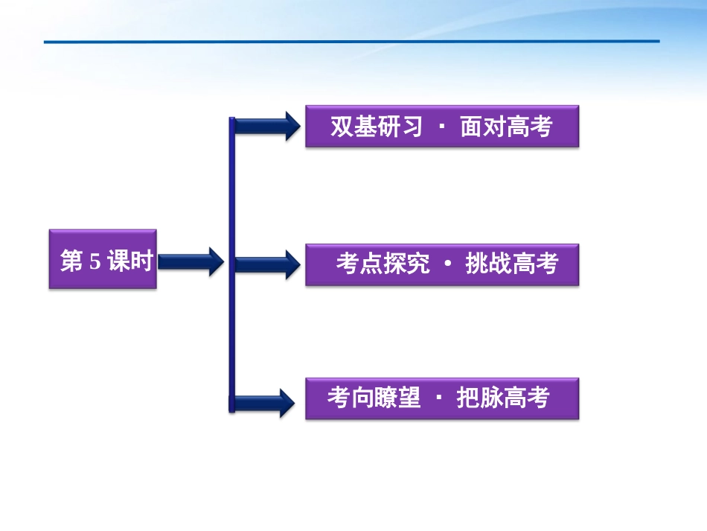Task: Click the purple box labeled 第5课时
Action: click(103, 259)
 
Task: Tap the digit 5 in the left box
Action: click(94, 261)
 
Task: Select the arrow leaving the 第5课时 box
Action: click(191, 261)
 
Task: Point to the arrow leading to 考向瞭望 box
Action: click(264, 402)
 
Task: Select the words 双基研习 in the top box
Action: click(376, 127)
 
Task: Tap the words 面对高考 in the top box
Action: click(506, 127)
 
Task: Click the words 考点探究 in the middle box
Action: click(383, 264)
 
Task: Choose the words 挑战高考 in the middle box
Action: click(511, 264)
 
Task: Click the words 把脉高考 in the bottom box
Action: click(502, 398)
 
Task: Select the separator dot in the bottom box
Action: click(438, 398)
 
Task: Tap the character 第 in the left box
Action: click(71, 261)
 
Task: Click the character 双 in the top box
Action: click(342, 127)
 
